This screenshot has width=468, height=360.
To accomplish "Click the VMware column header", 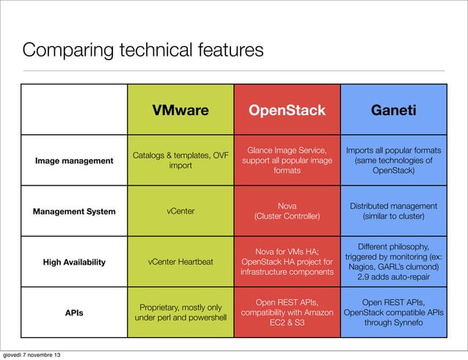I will [180, 110].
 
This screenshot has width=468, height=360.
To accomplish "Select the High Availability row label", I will [74, 262].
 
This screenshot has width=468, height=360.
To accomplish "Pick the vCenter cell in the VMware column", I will [180, 211].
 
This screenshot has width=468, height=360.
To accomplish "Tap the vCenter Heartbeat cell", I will [180, 262].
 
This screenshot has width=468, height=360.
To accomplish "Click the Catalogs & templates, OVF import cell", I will [180, 160].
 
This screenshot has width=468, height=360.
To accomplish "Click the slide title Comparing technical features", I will [142, 51].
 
